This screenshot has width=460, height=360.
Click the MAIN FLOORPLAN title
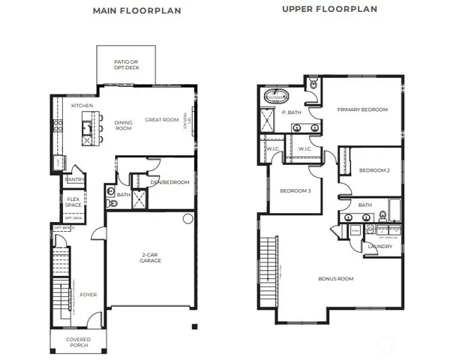136,11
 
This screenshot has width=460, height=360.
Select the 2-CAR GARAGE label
149,259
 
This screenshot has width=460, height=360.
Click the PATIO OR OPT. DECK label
126,64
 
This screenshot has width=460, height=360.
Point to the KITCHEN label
82,106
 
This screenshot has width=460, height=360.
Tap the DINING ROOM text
123,124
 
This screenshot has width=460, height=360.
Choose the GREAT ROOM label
161,119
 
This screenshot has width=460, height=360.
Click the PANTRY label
74,180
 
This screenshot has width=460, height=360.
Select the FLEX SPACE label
73,202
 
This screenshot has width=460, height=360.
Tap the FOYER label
90,295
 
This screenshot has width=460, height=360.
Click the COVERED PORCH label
80,342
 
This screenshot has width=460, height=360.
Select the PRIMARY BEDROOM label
362,109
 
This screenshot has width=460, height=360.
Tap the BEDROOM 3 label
296,190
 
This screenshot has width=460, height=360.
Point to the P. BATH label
292,112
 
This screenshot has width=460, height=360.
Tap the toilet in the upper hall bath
383,217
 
